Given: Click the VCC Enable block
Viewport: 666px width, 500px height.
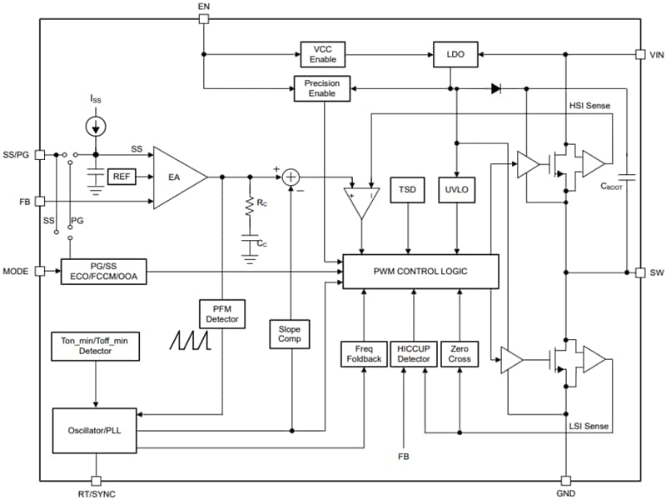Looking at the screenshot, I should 321,54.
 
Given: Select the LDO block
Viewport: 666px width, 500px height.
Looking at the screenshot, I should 455,54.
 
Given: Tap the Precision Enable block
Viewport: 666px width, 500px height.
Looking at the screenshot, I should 321,88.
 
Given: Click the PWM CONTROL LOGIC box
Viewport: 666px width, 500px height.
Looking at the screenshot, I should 420,272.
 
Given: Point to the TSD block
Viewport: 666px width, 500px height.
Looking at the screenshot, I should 408,190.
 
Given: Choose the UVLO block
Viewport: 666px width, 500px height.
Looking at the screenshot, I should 456,190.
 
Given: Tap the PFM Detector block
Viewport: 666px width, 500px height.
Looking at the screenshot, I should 222,313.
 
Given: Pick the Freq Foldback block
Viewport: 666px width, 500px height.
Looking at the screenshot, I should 364,354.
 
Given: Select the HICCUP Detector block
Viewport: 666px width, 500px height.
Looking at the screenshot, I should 413,354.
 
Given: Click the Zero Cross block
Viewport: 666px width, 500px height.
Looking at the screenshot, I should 460,354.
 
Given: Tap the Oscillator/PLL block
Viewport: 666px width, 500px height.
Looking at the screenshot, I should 97,430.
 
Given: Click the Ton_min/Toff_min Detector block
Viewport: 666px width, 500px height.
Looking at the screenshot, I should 97,347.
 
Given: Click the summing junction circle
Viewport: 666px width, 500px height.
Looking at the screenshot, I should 290,177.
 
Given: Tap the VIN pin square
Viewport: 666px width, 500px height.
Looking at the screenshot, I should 639,54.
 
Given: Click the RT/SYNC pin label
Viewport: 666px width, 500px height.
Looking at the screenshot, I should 97,494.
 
